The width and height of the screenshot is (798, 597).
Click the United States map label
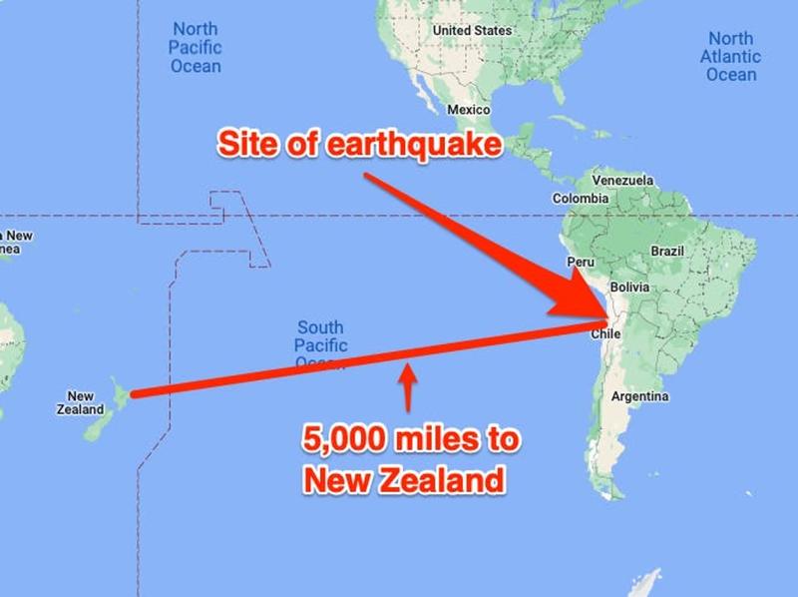[x=472, y=31]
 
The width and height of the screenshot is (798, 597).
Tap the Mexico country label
[x=468, y=109]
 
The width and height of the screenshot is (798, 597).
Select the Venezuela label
[x=622, y=181]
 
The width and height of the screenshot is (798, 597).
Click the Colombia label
[x=581, y=199]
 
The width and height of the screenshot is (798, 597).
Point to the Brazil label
[x=667, y=252]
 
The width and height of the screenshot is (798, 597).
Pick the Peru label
[x=581, y=262]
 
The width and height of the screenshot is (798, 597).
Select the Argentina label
[x=639, y=396]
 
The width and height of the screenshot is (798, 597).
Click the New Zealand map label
[x=80, y=402]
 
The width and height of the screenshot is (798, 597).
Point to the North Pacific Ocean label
[x=195, y=47]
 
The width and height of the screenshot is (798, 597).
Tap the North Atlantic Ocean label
[x=731, y=56]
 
